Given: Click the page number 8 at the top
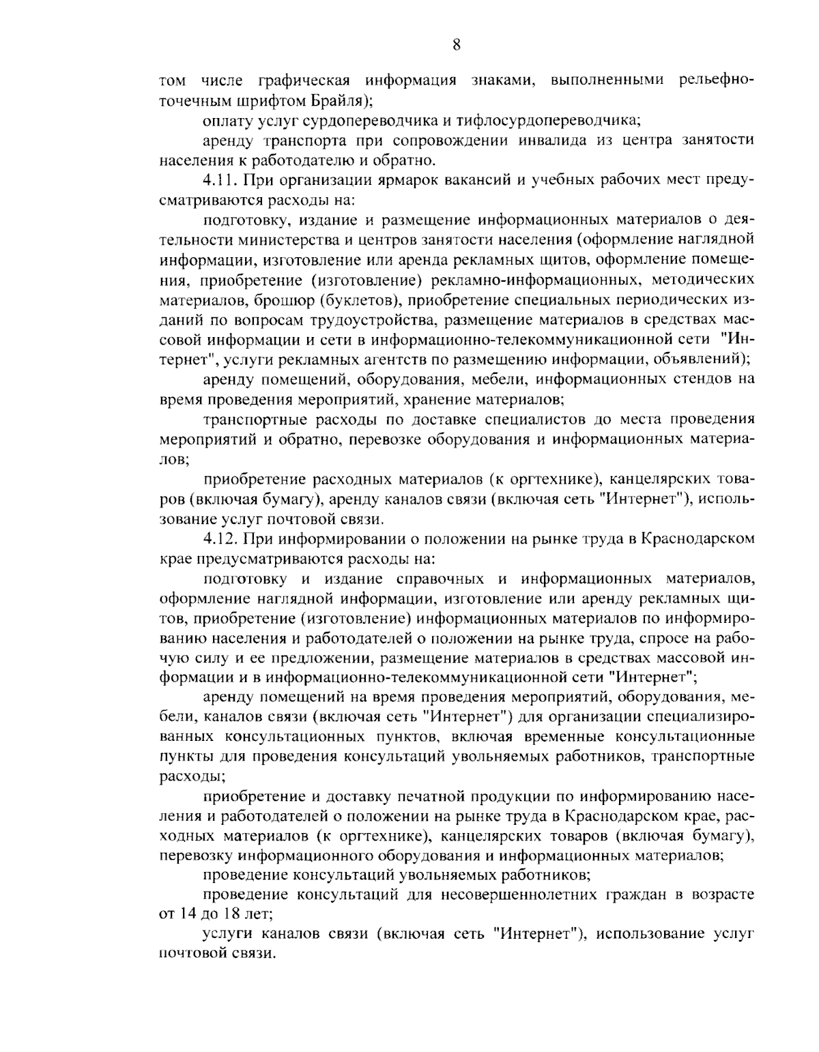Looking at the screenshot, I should click(x=457, y=46).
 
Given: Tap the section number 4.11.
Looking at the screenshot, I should click(x=219, y=181).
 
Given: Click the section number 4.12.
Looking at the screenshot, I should click(x=219, y=539).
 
